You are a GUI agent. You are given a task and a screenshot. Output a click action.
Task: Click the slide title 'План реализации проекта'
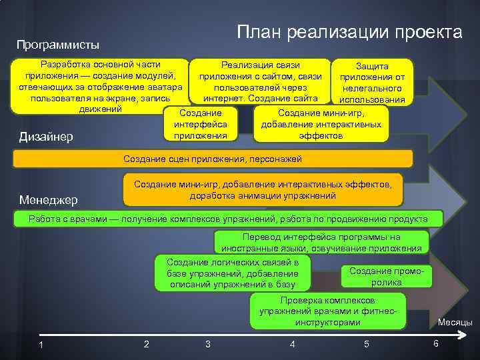coord(349,31)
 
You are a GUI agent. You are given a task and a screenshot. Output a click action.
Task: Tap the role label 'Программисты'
coord(58,45)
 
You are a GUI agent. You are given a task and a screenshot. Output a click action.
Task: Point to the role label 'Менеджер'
coord(49,199)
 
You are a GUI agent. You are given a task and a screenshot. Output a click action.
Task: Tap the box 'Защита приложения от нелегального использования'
coord(373,83)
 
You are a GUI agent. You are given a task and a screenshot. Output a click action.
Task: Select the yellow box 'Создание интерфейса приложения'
coord(200,124)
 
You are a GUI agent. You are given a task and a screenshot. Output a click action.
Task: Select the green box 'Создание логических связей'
coord(233,273)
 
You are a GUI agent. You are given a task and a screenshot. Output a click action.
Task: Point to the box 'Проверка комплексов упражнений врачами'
coord(327,311)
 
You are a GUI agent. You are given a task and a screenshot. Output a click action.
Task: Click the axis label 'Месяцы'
coord(455,323)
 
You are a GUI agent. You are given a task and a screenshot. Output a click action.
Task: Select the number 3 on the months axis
coord(208,344)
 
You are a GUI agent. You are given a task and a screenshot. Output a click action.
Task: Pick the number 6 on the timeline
coord(435,343)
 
